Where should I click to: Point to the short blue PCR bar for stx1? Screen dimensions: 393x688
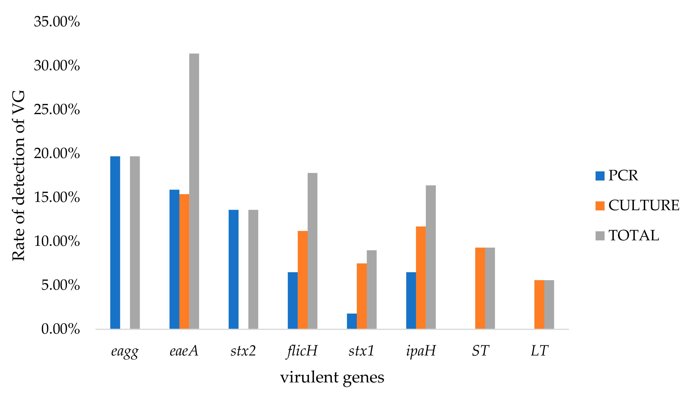(352, 321)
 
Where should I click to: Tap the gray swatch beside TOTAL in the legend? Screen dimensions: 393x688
(600, 235)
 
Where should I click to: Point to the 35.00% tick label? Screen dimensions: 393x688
(57, 22)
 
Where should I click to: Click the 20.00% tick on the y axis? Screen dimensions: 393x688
(57, 153)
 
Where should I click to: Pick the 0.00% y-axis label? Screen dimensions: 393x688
(60, 329)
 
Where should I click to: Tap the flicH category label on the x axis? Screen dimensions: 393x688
(302, 351)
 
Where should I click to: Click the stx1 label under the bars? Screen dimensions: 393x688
(361, 351)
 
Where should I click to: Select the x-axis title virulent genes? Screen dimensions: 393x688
(332, 377)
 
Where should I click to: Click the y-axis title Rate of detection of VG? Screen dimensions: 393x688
(18, 175)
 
